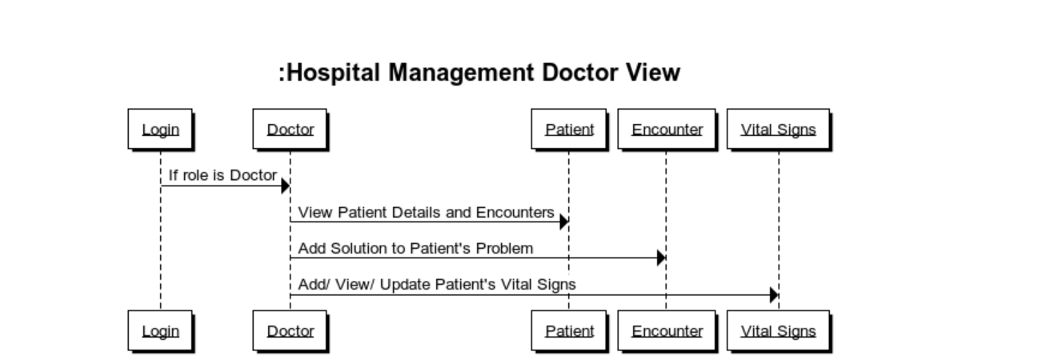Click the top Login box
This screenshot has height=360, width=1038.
[x=160, y=129]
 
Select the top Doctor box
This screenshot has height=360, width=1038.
[x=290, y=129]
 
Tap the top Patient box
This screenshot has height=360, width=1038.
[x=569, y=129]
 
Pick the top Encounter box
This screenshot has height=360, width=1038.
[x=667, y=129]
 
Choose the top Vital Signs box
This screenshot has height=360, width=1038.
[x=778, y=129]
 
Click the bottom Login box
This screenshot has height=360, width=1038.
[x=160, y=330]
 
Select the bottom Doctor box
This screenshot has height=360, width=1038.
[x=290, y=330]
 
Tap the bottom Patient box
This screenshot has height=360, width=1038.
[x=569, y=330]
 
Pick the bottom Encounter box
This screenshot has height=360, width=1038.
[x=667, y=330]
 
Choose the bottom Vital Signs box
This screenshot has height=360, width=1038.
[x=778, y=330]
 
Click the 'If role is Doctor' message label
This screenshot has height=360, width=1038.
[x=222, y=175]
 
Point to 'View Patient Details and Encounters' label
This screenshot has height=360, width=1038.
[x=426, y=213]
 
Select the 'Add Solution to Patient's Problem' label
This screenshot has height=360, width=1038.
[x=415, y=249]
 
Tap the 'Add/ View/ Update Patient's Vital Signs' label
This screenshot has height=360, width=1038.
[x=437, y=285]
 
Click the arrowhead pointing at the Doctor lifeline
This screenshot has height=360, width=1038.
[x=285, y=186]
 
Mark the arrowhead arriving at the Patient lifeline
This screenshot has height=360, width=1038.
[x=563, y=222]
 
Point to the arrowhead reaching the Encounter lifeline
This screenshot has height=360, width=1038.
[x=661, y=258]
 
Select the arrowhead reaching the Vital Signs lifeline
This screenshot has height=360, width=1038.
[x=774, y=295]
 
